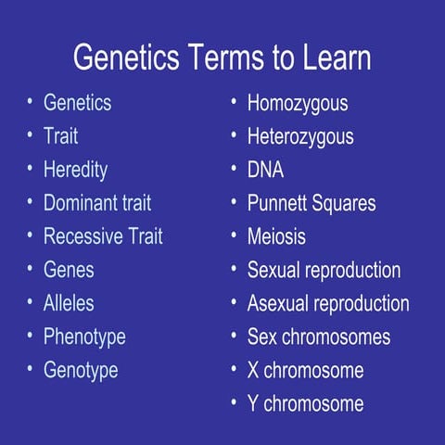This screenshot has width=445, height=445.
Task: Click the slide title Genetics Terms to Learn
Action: click(x=222, y=57)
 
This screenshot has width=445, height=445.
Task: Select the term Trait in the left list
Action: click(x=60, y=136)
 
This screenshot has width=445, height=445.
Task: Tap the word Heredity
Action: click(x=75, y=170)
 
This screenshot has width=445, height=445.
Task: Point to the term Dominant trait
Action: click(x=96, y=203)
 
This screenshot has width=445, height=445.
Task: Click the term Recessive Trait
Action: click(x=102, y=236)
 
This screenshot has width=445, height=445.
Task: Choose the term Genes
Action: click(x=69, y=270)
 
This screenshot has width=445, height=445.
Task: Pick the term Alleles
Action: click(x=69, y=303)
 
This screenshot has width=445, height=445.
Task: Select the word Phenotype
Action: click(x=84, y=337)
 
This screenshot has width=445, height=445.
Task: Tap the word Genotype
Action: click(x=81, y=370)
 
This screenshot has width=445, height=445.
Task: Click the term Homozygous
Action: click(x=297, y=104)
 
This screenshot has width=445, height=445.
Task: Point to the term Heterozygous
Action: click(x=299, y=136)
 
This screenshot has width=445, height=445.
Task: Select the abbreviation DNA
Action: click(x=265, y=170)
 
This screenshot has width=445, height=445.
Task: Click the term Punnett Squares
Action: click(x=311, y=203)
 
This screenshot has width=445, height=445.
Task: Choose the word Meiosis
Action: click(x=275, y=236)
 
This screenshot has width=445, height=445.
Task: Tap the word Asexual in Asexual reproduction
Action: click(x=278, y=303)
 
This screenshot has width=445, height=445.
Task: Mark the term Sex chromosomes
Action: click(x=318, y=337)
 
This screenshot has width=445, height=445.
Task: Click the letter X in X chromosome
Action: click(x=253, y=370)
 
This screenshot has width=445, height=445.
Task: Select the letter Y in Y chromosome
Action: click(x=253, y=403)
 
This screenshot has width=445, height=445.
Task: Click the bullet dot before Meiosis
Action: click(x=234, y=236)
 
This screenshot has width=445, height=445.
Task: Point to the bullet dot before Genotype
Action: click(x=30, y=370)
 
